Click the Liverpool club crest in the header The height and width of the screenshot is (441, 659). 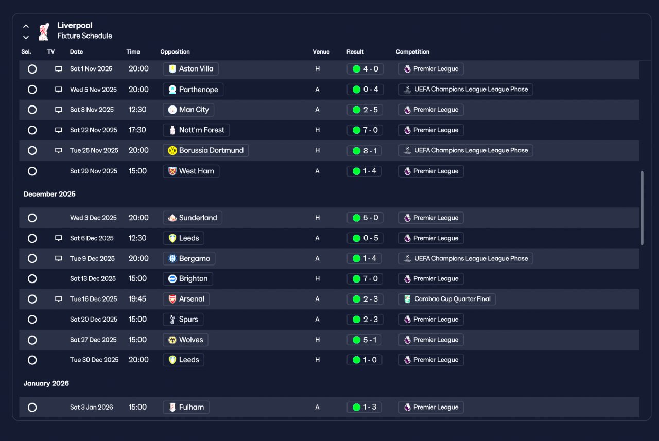[x=44, y=31]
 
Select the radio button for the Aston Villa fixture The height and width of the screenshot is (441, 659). [x=32, y=69]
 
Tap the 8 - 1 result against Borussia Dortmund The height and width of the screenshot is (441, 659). [x=365, y=151]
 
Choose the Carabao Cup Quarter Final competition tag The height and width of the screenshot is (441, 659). [x=446, y=299]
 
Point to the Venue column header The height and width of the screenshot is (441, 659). [x=321, y=52]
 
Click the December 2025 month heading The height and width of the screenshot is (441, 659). [x=49, y=194]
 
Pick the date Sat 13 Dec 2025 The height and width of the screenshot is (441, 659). [x=93, y=279]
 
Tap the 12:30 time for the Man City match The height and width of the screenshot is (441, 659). [x=137, y=110]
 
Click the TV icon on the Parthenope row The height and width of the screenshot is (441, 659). [x=59, y=90]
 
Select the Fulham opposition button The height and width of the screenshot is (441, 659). [x=186, y=407]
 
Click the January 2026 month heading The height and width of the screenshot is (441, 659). [x=46, y=383]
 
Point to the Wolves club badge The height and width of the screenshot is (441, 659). [x=172, y=340]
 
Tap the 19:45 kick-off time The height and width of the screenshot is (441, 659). [x=137, y=299]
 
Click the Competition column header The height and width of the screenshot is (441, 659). [x=412, y=52]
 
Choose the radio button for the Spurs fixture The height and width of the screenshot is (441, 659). [x=32, y=320]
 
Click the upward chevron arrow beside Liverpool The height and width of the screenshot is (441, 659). [x=26, y=26]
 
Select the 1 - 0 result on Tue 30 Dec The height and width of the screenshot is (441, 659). [x=365, y=360]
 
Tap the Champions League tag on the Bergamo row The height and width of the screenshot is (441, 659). [x=466, y=259]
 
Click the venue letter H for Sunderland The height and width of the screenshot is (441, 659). [x=318, y=218]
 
